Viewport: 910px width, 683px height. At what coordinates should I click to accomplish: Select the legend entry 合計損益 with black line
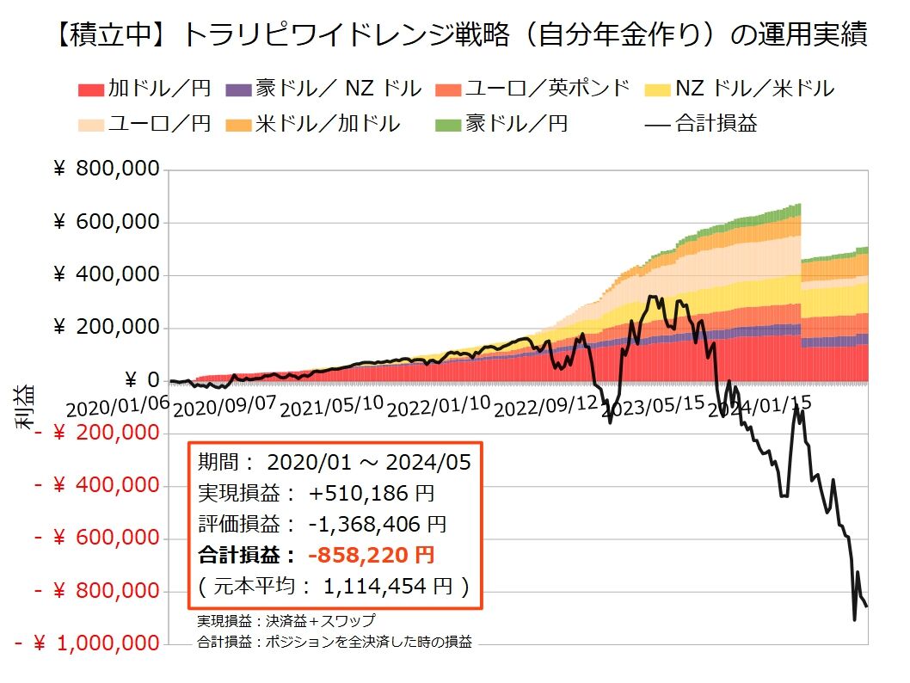click(x=701, y=123)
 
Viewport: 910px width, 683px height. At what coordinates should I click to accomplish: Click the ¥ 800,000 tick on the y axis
click(x=107, y=169)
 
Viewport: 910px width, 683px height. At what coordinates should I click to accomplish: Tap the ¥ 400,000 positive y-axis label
click(x=107, y=275)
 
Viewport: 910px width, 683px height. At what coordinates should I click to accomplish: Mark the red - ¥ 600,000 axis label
click(x=97, y=538)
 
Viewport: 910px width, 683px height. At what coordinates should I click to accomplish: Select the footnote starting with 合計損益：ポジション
click(x=335, y=641)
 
